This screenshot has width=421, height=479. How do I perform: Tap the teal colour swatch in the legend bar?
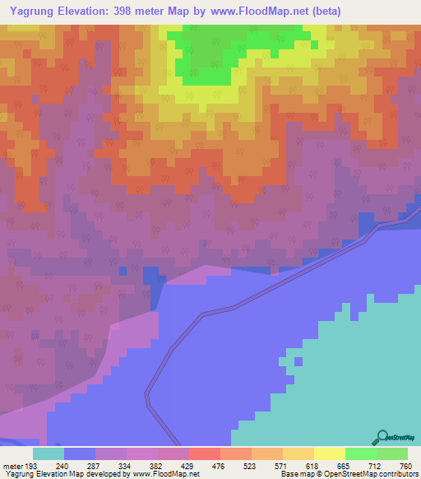(x=48, y=454)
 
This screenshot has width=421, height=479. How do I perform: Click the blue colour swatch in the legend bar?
(x=79, y=454)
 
